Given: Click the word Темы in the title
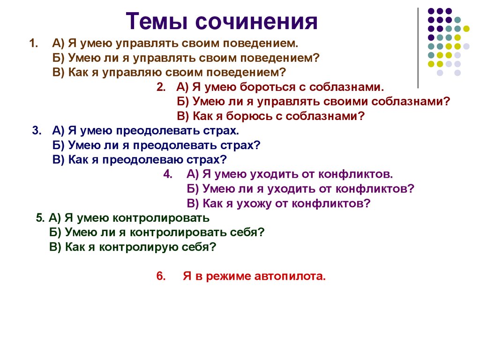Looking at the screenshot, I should tap(156, 22).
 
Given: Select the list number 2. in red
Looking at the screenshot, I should tap(161, 87).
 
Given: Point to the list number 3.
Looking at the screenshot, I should tap(36, 130).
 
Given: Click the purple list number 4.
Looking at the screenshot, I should tap(168, 174).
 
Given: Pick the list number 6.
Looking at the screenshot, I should tap(159, 276).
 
